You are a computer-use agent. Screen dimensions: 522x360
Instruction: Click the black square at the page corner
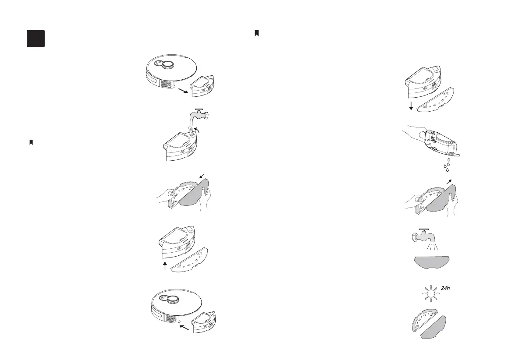coord(36,39)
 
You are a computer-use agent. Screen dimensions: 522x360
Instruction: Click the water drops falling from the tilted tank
coord(447,165)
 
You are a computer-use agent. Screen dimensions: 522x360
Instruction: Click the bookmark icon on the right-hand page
coord(257,33)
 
